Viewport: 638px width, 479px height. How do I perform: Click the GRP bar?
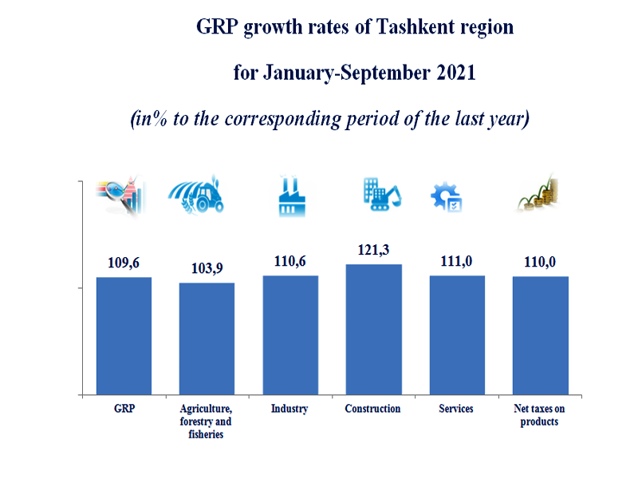(124, 335)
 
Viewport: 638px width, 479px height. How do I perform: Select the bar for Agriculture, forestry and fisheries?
(207, 338)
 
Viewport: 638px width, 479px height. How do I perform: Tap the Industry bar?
(290, 335)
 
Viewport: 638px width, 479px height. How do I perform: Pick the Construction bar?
(373, 329)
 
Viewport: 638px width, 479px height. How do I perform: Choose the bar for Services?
(457, 335)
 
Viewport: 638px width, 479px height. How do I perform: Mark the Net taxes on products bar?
(540, 335)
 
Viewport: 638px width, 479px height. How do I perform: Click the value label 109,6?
(124, 262)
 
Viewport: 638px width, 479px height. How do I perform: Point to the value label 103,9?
(207, 268)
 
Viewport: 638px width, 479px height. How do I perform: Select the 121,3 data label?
(373, 250)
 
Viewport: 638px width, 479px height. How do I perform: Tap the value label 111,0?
(457, 261)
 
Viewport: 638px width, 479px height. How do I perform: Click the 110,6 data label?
(290, 261)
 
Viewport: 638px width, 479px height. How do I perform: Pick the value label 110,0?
(540, 262)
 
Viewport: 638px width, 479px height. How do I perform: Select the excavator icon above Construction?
(382, 194)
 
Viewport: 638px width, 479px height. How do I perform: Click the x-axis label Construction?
(372, 409)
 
